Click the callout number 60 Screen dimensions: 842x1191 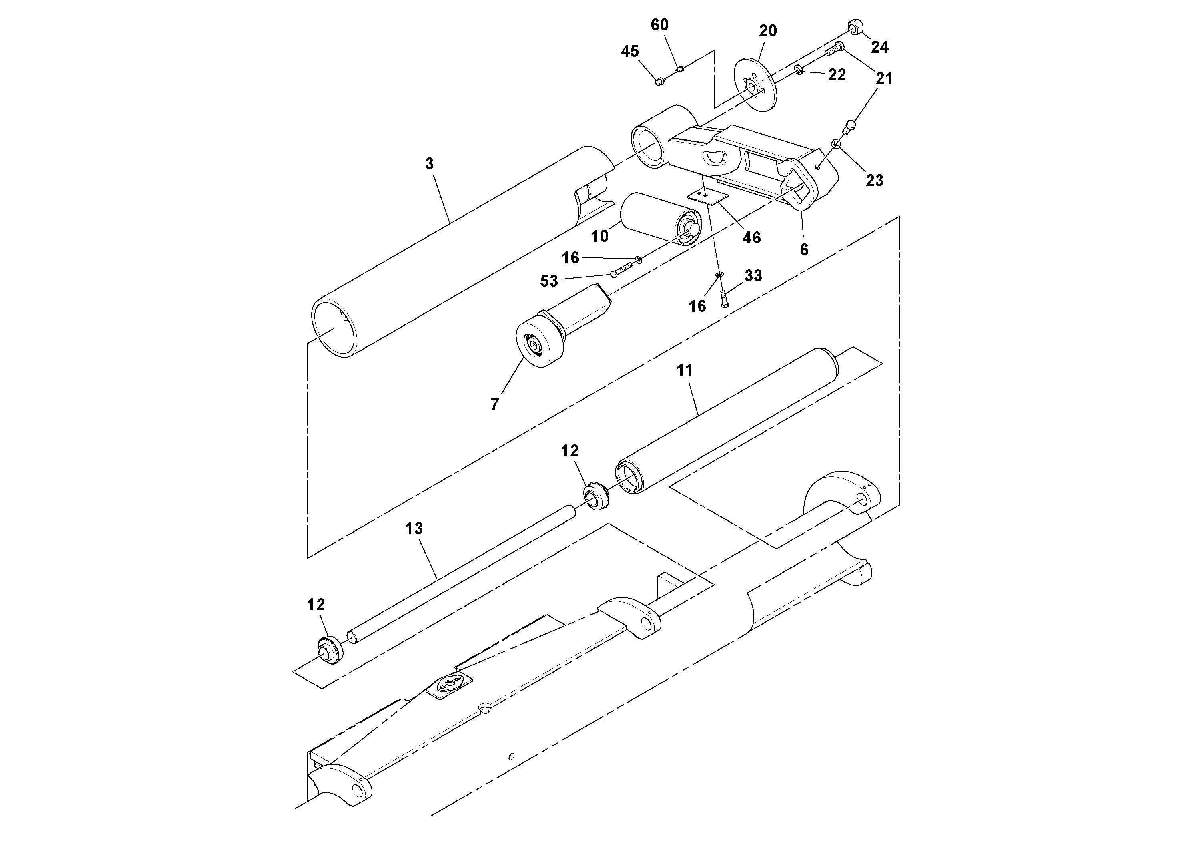point(659,25)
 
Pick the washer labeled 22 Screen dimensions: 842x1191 point(799,70)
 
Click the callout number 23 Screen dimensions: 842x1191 point(874,181)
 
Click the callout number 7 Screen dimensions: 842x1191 point(494,404)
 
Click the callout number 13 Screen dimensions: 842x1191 point(414,529)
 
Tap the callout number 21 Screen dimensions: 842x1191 point(884,79)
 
